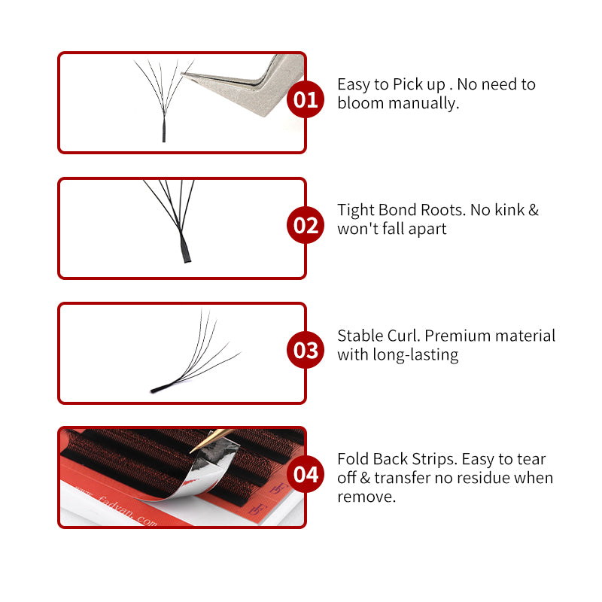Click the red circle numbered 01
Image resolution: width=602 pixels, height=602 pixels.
click(x=306, y=100)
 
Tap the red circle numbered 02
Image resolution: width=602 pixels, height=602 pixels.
click(x=306, y=226)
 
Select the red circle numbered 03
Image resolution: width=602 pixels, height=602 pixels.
click(x=306, y=351)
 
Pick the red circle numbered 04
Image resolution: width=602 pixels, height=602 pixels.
click(x=306, y=475)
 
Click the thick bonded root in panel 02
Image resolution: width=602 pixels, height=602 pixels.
click(x=183, y=248)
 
